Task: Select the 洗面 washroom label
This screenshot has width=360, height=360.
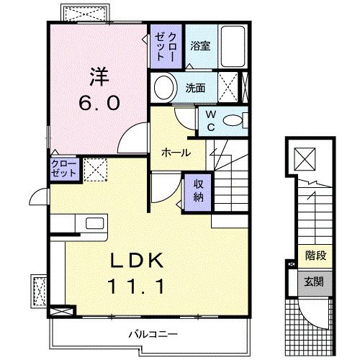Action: click(x=195, y=88)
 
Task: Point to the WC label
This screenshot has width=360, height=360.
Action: click(x=211, y=120)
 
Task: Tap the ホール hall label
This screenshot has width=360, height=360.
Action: click(x=176, y=153)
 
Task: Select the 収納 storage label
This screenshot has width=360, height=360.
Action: click(x=198, y=189)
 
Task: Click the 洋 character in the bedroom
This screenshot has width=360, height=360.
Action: click(x=99, y=76)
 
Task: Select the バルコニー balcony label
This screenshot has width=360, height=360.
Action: click(x=153, y=334)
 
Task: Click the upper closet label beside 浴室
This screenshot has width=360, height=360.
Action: click(x=166, y=45)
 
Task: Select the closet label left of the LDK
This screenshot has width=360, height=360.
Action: click(x=63, y=169)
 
